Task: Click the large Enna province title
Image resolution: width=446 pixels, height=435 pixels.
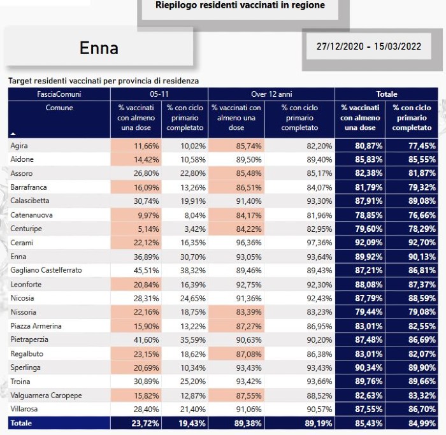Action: coord(99,48)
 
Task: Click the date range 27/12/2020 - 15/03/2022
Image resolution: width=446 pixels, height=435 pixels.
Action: coord(369,46)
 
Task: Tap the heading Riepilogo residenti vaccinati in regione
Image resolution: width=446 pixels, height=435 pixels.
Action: coord(240,5)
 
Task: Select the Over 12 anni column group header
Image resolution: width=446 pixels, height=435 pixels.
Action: coord(271,94)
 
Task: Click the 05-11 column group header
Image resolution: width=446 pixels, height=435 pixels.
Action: coord(159,94)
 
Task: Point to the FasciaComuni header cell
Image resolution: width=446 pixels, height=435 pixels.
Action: coord(59,94)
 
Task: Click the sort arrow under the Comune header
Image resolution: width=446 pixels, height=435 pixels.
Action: coord(13,134)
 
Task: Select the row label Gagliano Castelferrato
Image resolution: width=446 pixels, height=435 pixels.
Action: coord(46,270)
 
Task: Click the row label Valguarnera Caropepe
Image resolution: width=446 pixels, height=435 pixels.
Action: coord(46,396)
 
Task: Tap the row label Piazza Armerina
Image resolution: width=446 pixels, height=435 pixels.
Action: coord(36,326)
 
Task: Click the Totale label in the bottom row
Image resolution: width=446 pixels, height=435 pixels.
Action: coord(21,423)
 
